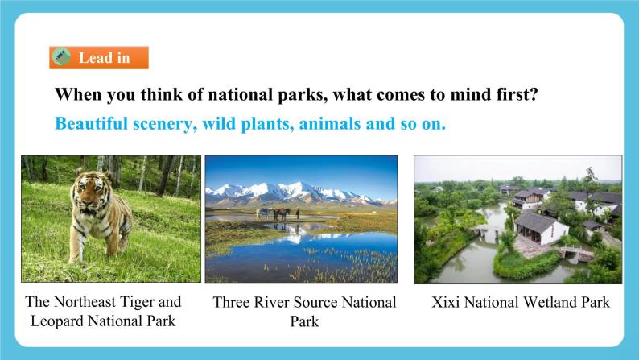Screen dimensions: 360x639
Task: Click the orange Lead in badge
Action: point(99,58)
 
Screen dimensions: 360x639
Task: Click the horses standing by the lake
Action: point(275,213)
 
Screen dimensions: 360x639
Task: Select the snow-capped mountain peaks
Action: point(290,191)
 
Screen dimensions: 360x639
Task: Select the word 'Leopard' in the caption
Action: point(63,321)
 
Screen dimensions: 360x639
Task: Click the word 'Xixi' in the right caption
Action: point(447,303)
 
